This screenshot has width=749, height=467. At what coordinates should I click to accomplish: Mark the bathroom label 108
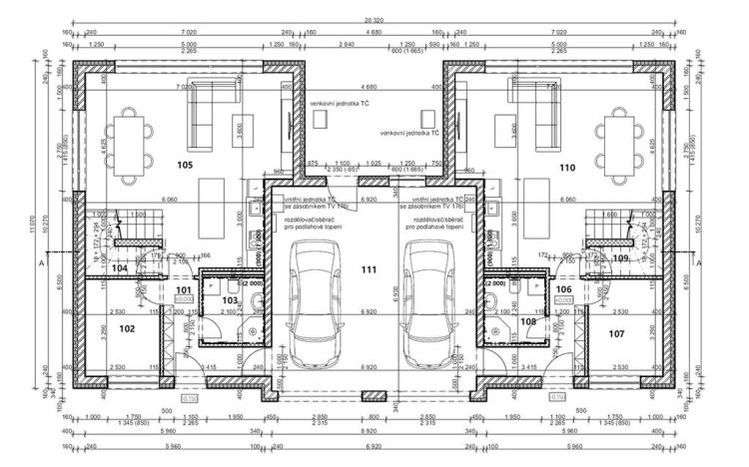click(527, 321)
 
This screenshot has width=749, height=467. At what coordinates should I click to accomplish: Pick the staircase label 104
click(119, 267)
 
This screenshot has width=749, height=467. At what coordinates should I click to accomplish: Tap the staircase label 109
click(621, 258)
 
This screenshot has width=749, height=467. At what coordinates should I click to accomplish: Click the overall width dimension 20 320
click(374, 20)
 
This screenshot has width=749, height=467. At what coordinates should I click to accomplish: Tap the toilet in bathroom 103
click(219, 284)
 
